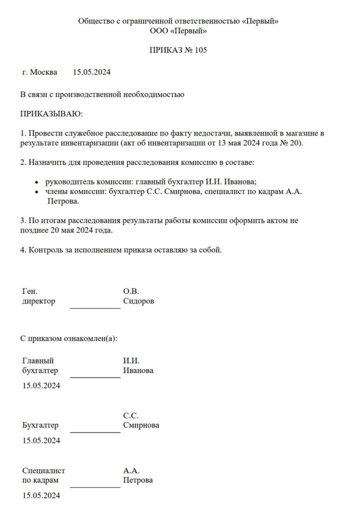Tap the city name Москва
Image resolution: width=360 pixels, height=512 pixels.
coord(43,72)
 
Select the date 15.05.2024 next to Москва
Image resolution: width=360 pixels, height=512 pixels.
coord(91,72)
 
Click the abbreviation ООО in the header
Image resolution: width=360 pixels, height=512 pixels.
coord(159,31)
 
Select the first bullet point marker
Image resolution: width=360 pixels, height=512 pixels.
coord(37,183)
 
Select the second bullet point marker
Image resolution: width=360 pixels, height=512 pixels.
coord(37,192)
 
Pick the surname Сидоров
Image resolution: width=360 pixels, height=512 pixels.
coord(138,301)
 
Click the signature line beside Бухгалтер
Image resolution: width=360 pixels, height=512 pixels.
coord(95,432)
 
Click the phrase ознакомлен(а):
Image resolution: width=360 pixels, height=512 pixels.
coord(89,338)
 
